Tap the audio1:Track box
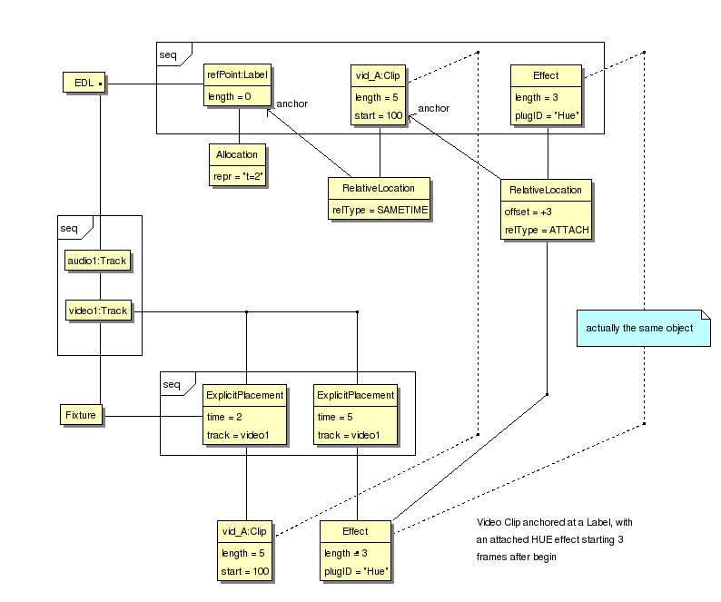98,262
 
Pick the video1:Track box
98,311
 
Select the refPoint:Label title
239,75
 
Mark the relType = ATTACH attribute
547,231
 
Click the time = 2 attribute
224,416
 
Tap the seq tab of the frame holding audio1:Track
68,227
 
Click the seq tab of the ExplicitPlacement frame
172,383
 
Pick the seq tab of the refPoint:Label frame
168,54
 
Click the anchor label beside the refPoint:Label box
291,104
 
